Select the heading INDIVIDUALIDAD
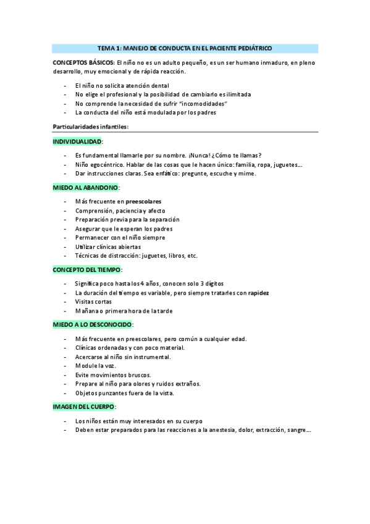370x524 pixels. tap(77, 142)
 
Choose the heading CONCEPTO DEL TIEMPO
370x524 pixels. tap(86, 269)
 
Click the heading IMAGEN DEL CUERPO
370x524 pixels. tap(83, 407)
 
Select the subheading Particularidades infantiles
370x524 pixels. tap(90, 127)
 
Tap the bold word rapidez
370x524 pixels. tap(258, 292)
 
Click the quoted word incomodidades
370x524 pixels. tap(203, 104)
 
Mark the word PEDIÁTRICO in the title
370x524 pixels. tap(254, 48)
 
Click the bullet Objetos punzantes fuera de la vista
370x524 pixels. tap(124, 392)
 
